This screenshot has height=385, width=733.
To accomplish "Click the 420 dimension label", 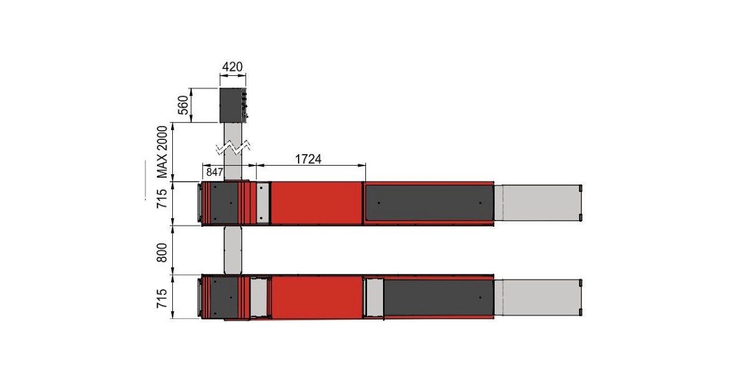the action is point(232,67).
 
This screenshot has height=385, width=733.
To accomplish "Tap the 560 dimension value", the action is point(183,105).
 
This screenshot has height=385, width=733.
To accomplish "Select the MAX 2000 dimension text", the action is point(162,152).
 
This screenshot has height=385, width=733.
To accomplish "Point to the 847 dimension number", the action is point(214,172).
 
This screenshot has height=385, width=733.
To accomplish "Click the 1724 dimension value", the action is point(308,159).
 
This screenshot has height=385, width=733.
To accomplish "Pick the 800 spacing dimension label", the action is point(162,252).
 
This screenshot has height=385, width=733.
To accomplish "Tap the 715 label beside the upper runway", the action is point(162,199).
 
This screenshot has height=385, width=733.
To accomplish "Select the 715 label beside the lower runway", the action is point(162,298).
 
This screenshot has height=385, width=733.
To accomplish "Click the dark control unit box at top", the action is point(233,105).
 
